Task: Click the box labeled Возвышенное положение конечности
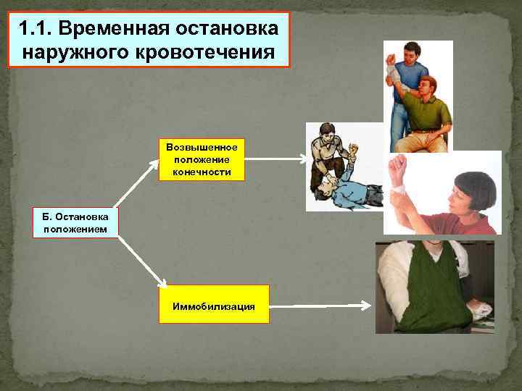click(x=202, y=159)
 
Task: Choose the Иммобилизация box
click(x=214, y=305)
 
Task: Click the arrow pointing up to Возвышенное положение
click(x=138, y=185)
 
